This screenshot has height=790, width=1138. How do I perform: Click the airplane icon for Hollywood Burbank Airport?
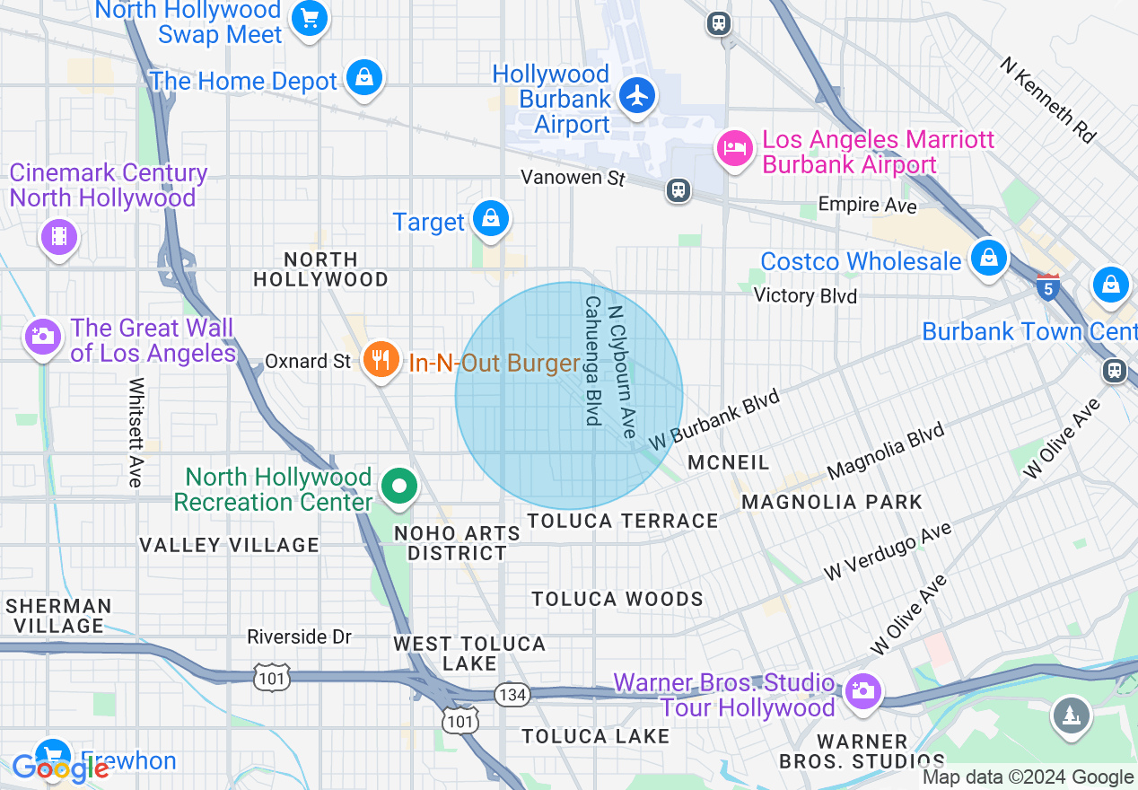(637, 95)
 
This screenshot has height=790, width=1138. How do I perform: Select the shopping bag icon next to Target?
(491, 219)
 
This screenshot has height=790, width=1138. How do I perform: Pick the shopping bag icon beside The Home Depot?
(364, 78)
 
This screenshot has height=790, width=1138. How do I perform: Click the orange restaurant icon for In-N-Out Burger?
(381, 361)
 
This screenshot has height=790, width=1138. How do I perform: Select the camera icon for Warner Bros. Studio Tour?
(862, 690)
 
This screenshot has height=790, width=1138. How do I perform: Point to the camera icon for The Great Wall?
(41, 338)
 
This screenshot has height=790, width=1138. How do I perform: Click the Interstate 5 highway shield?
(1047, 287)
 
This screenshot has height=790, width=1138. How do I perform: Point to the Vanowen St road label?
(573, 178)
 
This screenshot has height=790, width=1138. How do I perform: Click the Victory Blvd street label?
(805, 295)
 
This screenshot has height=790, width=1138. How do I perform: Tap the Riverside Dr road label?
(300, 636)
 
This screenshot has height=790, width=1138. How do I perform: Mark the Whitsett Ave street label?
(136, 432)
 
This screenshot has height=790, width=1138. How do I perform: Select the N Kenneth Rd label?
(1048, 101)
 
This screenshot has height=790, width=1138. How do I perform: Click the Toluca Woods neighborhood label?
(617, 599)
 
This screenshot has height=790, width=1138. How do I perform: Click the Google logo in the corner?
(59, 768)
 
